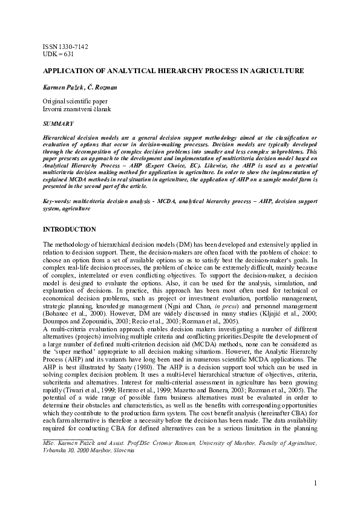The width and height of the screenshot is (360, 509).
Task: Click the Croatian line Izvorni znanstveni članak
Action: [76, 109]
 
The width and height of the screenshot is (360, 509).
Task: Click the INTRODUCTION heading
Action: [69, 230]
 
